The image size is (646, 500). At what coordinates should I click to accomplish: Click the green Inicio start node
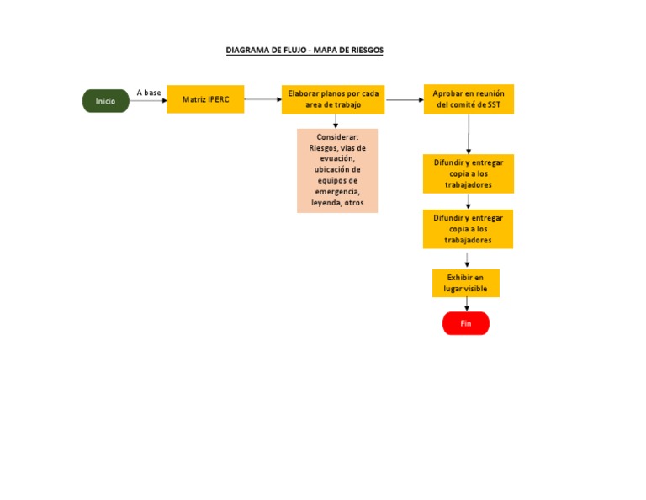tap(105, 101)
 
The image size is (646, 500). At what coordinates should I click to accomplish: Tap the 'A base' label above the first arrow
tap(148, 93)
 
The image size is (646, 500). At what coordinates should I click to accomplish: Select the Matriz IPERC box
tap(205, 99)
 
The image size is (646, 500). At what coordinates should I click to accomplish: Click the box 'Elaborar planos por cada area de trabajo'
tap(333, 99)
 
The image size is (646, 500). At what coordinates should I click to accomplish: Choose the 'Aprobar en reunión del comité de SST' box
tap(468, 99)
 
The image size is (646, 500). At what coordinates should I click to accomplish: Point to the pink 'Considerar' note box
tap(337, 170)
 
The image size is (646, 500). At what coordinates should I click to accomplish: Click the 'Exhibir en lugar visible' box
tap(465, 283)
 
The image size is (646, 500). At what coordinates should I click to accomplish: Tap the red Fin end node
tap(465, 323)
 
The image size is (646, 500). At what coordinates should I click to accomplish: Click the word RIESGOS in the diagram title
tap(363, 51)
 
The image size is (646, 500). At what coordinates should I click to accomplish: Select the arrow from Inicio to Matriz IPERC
tap(148, 101)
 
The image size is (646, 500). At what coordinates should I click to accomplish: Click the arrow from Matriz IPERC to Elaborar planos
tap(262, 99)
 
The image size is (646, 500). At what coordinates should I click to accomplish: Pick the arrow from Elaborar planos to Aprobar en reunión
tap(404, 99)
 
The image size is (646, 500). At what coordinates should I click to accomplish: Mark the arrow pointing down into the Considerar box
tap(336, 121)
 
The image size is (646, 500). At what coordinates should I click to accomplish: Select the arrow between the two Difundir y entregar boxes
tap(468, 201)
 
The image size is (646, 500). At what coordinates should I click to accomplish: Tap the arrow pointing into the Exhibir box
tap(467, 259)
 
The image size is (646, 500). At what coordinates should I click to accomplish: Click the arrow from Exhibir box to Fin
tap(466, 304)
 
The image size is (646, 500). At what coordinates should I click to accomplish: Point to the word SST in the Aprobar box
tap(500, 105)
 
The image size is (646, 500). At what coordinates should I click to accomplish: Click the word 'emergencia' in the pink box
tap(337, 192)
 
